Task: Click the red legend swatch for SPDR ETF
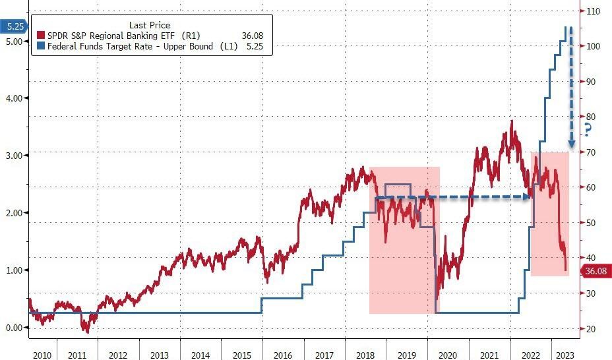click(41, 36)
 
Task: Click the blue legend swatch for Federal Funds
click(41, 47)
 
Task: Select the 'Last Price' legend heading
click(150, 25)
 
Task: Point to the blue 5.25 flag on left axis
click(13, 27)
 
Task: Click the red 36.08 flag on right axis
click(595, 271)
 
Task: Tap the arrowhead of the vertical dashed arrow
click(571, 143)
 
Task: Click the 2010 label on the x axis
click(42, 355)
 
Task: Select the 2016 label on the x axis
click(282, 355)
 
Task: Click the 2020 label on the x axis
click(447, 355)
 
